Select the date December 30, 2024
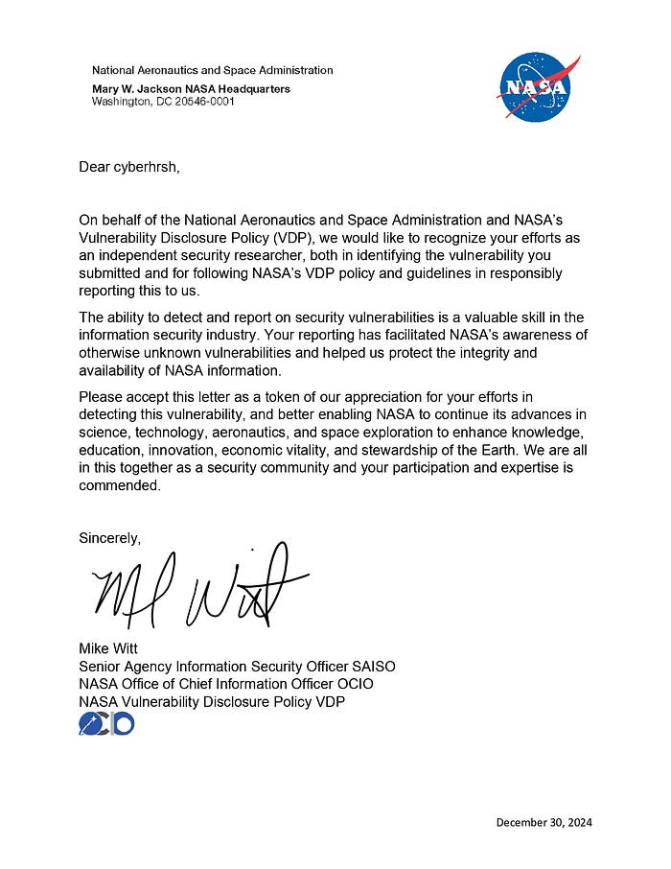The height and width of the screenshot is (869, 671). tap(550, 822)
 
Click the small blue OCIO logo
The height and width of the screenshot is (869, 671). tap(105, 724)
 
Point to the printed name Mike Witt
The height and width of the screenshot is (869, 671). tap(110, 649)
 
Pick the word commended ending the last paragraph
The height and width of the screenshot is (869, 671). tap(122, 485)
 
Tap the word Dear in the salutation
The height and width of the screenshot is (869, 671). tap(95, 167)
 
